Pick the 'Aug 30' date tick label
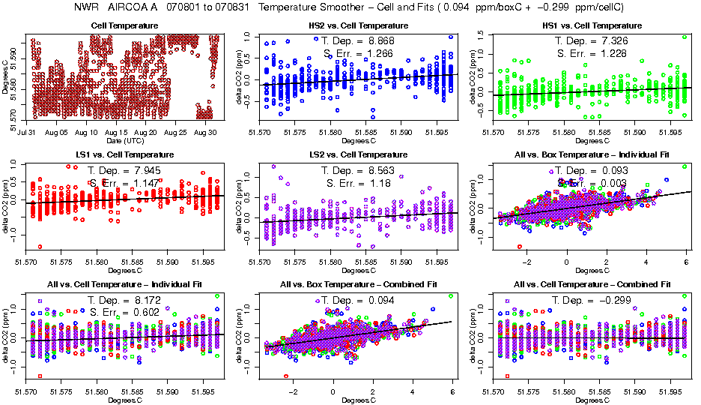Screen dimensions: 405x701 [x=204, y=132]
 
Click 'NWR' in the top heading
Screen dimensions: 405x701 [x=87, y=7]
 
